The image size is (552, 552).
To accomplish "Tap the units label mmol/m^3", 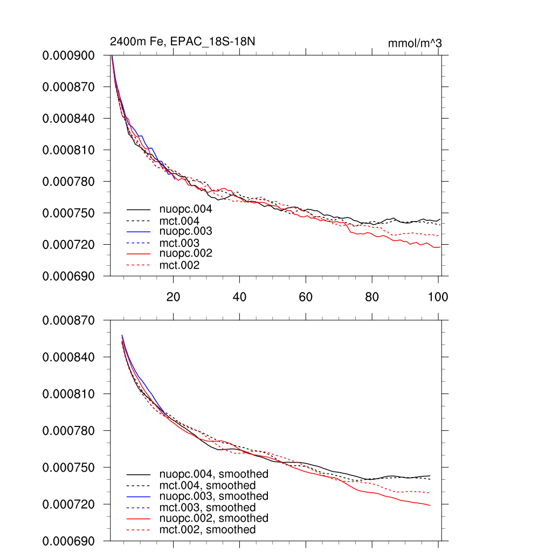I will coord(415,43).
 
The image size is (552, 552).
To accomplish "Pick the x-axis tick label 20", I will coord(173,296).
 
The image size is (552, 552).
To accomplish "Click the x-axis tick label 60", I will coord(306,296).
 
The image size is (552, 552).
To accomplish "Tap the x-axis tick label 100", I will coord(438,296).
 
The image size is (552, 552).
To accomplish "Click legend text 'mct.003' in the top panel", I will coord(179,243).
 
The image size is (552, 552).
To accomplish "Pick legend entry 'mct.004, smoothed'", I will coord(208,486).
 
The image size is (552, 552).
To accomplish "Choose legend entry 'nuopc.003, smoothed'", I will coord(213,496).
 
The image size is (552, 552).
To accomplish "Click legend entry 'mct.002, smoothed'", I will coord(208,530).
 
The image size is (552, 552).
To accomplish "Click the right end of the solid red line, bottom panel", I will coord(430,505).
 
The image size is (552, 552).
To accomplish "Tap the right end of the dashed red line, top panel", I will coord(439,236).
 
